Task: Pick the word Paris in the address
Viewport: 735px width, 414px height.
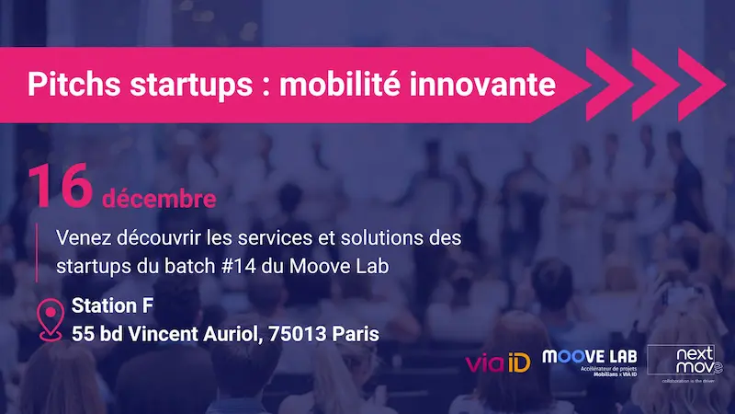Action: tap(356, 333)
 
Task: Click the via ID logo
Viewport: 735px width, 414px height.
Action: tap(498, 362)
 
